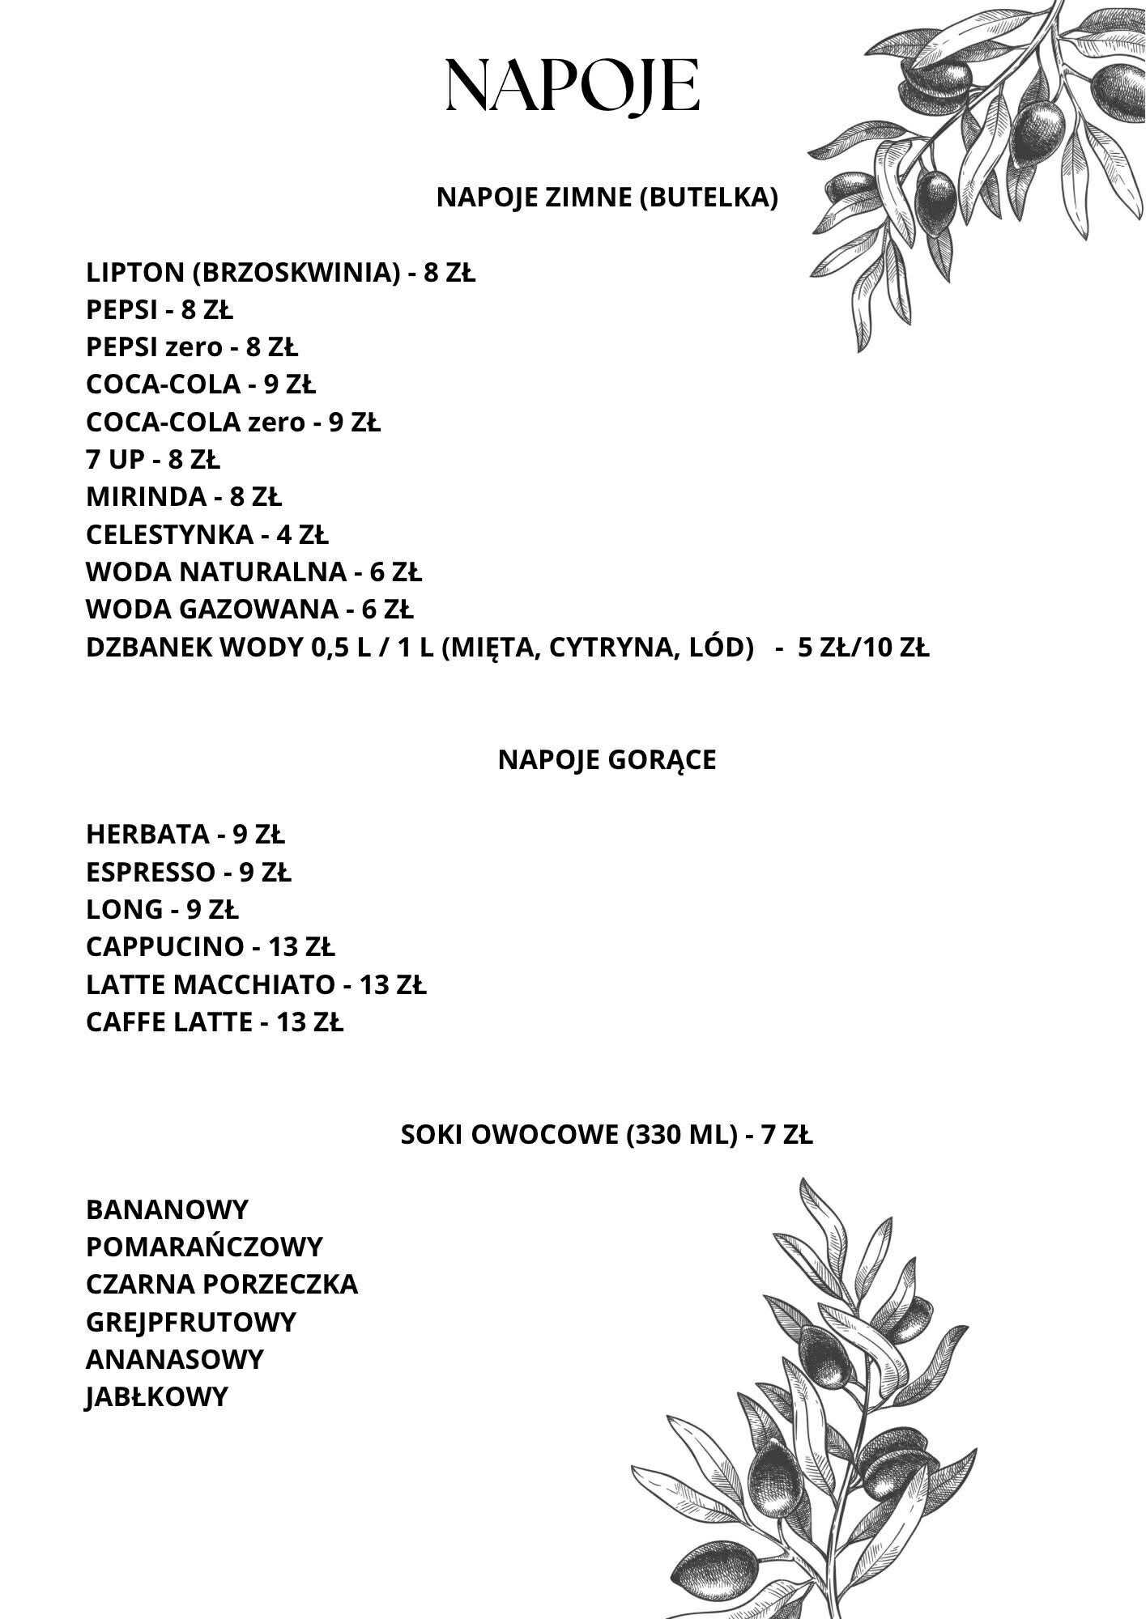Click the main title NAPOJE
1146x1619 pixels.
coord(573,85)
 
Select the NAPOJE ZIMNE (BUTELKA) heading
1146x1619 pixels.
coord(607,198)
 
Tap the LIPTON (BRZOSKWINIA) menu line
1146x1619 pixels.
coord(280,273)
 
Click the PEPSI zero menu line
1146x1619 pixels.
coord(192,347)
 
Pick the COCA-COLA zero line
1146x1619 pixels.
coord(232,422)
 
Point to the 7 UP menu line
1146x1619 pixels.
coord(152,460)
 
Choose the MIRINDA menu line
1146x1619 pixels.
coord(184,496)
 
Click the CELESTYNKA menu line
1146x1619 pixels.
coord(207,534)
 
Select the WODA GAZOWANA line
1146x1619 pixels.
coord(249,609)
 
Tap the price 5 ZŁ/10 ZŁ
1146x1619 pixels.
coord(863,648)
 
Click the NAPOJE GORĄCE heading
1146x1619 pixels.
coord(607,760)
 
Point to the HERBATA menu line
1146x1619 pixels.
coord(185,833)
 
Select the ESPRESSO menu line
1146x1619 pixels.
coord(189,872)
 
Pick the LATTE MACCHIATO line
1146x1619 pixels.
coord(256,984)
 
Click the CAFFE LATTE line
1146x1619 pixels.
coord(215,1022)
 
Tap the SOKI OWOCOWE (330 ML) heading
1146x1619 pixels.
coord(607,1135)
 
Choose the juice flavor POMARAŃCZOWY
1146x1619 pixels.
coord(204,1247)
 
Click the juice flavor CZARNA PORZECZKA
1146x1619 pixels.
coord(222,1284)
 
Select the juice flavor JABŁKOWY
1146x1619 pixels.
coord(156,1396)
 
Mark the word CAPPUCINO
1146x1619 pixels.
coord(164,946)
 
